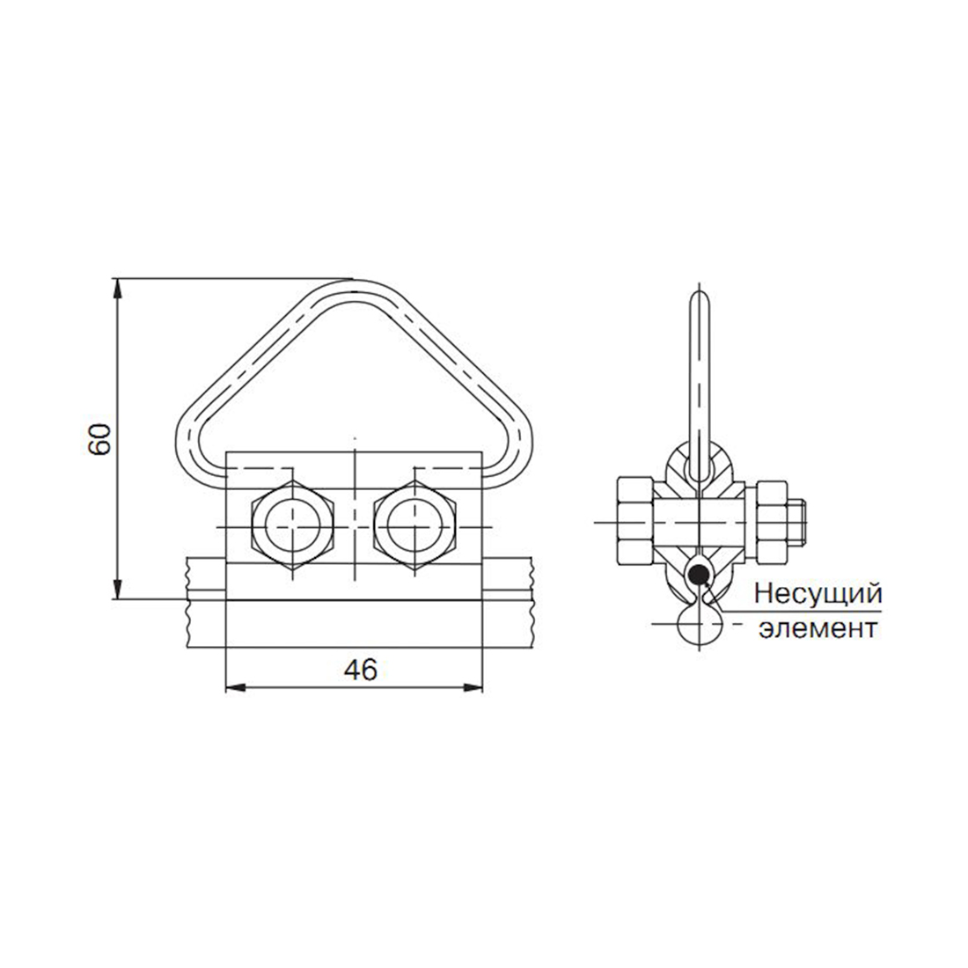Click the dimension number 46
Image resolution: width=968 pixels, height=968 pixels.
pos(361,670)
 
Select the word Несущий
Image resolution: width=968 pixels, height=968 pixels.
pos(818,595)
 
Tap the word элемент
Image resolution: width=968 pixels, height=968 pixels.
pos(818,627)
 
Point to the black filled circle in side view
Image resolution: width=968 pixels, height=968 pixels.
pos(698,576)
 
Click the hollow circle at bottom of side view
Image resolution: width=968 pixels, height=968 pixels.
pos(700,624)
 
